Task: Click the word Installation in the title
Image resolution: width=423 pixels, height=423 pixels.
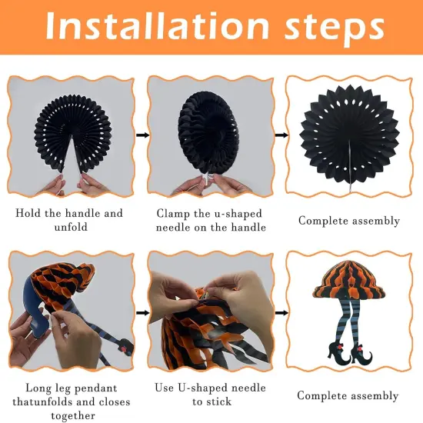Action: pos(157,25)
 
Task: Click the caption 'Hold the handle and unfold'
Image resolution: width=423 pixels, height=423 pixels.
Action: pos(69,220)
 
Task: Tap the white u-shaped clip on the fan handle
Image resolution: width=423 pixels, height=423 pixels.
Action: pos(208,179)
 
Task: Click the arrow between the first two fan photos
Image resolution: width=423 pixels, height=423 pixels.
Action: pos(142,135)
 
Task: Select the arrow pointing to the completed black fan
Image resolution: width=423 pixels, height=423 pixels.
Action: pos(281,135)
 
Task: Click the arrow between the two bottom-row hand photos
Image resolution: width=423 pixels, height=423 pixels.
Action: pos(142,313)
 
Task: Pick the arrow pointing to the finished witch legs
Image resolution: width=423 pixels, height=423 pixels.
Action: pos(281,313)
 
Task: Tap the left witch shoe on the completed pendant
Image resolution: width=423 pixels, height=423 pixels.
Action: pos(339,354)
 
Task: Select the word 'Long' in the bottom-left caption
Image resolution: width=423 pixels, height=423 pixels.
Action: pos(38,388)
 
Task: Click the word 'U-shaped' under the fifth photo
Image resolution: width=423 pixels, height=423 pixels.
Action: pos(202,388)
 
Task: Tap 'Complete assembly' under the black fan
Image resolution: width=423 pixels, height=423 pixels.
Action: pos(349,221)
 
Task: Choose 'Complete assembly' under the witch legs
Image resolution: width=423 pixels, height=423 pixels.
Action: pos(348,396)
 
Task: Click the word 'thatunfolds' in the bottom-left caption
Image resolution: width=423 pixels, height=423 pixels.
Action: pos(43,401)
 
